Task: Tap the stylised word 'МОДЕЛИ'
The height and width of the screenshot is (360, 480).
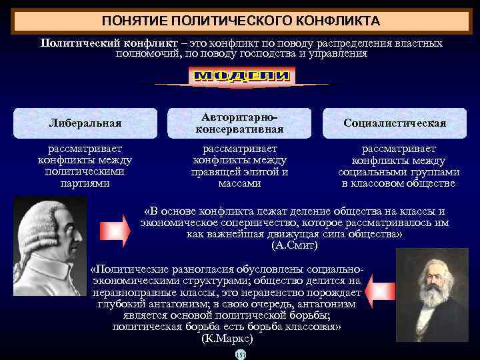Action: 242,77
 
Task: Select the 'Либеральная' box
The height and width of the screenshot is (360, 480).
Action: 85,123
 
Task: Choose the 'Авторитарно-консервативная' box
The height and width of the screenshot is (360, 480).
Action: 239,123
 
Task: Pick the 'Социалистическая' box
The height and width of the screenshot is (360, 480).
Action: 395,123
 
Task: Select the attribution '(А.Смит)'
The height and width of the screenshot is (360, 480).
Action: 295,246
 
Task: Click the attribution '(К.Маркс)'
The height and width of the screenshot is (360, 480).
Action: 227,338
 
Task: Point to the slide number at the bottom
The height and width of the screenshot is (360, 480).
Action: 241,355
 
